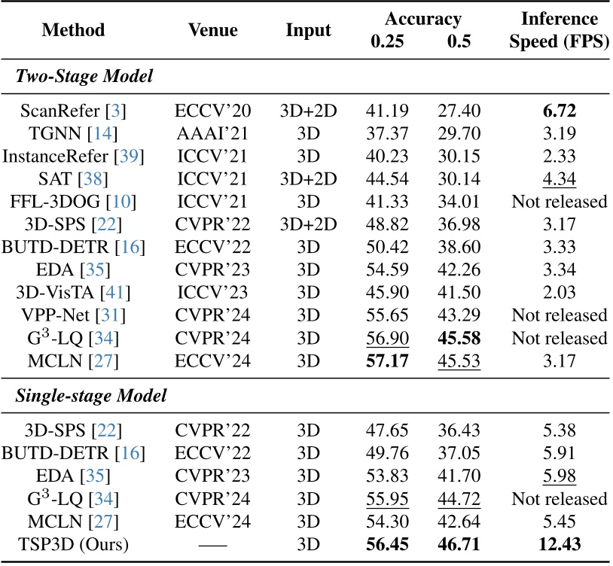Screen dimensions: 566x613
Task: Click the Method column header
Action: pyautogui.click(x=73, y=31)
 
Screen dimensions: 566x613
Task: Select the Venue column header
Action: pyautogui.click(x=212, y=31)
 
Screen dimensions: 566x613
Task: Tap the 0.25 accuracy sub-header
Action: pyautogui.click(x=386, y=41)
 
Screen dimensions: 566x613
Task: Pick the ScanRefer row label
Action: pyautogui.click(x=64, y=112)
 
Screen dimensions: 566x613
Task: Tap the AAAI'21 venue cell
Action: pyautogui.click(x=212, y=135)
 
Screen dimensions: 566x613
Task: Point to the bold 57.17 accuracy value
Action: pyautogui.click(x=386, y=360)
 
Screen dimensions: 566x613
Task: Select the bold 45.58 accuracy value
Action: pyautogui.click(x=454, y=337)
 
